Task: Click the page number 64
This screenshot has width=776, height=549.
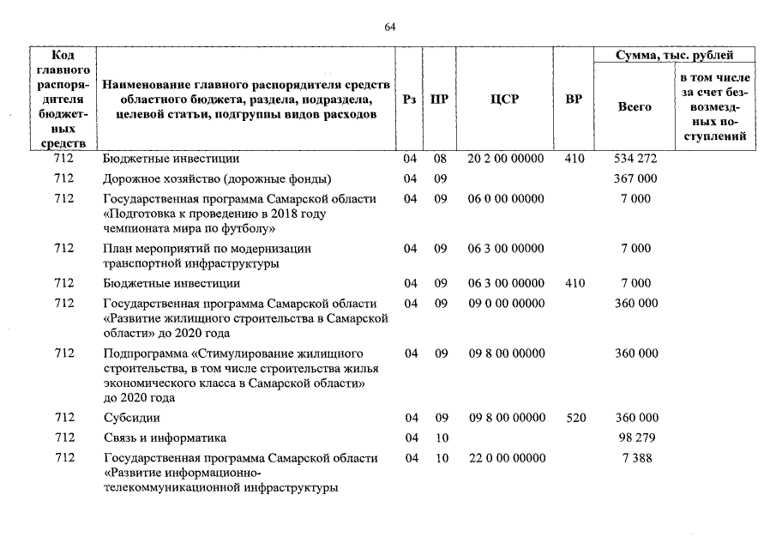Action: [389, 27]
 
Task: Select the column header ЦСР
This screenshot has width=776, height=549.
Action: [505, 100]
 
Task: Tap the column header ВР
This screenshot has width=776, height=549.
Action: [574, 100]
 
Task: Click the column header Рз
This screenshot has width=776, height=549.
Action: [410, 100]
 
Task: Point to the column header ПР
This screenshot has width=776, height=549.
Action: [439, 100]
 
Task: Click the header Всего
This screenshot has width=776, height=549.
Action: [635, 107]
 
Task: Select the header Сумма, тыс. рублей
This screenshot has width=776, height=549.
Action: [675, 56]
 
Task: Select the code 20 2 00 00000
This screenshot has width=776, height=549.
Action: [506, 159]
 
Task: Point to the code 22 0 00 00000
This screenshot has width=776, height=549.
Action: [506, 458]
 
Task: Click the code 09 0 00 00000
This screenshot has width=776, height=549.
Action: [506, 304]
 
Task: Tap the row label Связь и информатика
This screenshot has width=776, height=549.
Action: [164, 437]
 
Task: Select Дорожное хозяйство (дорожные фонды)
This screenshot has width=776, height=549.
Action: [216, 178]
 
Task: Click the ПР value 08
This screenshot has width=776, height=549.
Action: [440, 159]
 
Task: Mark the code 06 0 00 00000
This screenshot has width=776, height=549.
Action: [506, 199]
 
